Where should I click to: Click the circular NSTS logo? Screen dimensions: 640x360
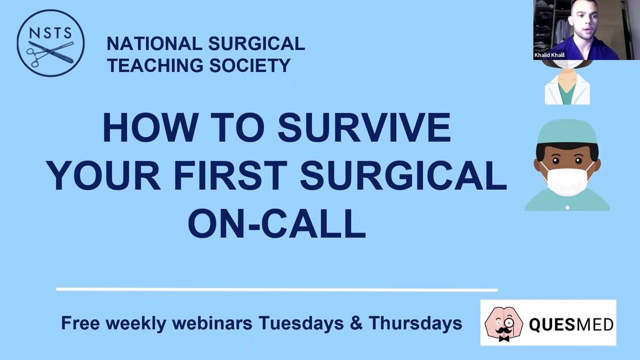coord(51,43)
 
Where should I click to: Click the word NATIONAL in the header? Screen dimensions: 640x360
coord(154,44)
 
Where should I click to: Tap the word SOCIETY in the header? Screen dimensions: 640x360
coord(250,65)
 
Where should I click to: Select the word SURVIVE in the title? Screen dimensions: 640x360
coord(364,127)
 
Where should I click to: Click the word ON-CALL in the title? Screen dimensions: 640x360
coord(277,223)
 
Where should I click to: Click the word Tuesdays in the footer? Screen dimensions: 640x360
coord(301,323)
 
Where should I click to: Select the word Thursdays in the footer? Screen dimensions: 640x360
coord(415,323)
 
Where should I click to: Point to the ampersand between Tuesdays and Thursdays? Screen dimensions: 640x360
coord(356,323)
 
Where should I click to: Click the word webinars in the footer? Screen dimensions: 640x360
coord(212,323)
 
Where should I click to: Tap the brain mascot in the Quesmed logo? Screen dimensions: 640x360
coord(503,324)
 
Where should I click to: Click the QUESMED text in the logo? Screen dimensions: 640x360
coord(571,325)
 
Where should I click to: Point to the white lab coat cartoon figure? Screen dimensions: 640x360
coord(567,86)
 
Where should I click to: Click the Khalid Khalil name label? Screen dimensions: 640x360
coord(549,55)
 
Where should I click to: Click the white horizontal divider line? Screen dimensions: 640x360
coord(277,290)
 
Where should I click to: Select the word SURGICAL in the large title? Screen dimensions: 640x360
coord(403,175)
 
